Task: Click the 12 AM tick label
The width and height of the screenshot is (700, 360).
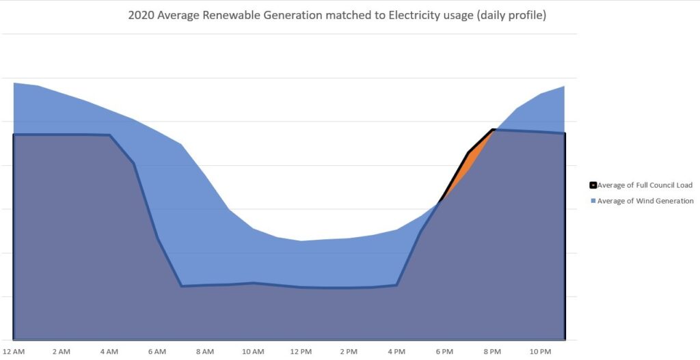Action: tap(14, 351)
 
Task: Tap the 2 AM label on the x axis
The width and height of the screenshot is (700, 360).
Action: tap(61, 351)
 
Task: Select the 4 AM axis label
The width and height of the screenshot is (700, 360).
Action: tap(109, 351)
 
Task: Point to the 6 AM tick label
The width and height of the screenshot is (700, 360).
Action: tap(157, 351)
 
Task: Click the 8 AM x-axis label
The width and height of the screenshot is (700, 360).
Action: tap(204, 351)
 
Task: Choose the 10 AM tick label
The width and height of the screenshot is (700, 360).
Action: tap(253, 351)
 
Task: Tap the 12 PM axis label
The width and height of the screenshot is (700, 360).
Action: tap(301, 351)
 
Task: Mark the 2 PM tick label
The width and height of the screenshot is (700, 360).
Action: tap(349, 351)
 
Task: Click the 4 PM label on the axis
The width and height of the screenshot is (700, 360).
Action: tap(396, 351)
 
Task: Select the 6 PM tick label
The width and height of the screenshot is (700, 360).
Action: tap(444, 351)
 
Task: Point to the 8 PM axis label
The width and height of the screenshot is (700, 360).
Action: tap(492, 351)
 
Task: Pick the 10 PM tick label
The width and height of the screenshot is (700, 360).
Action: tap(541, 351)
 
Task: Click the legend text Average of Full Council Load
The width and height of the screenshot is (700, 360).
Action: tap(645, 185)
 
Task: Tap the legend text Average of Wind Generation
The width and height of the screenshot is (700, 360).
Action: tap(645, 201)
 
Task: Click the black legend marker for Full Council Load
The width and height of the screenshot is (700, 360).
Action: tap(593, 185)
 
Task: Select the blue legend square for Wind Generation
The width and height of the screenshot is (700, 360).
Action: tap(593, 201)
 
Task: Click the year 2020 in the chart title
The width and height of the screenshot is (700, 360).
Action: tap(139, 14)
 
